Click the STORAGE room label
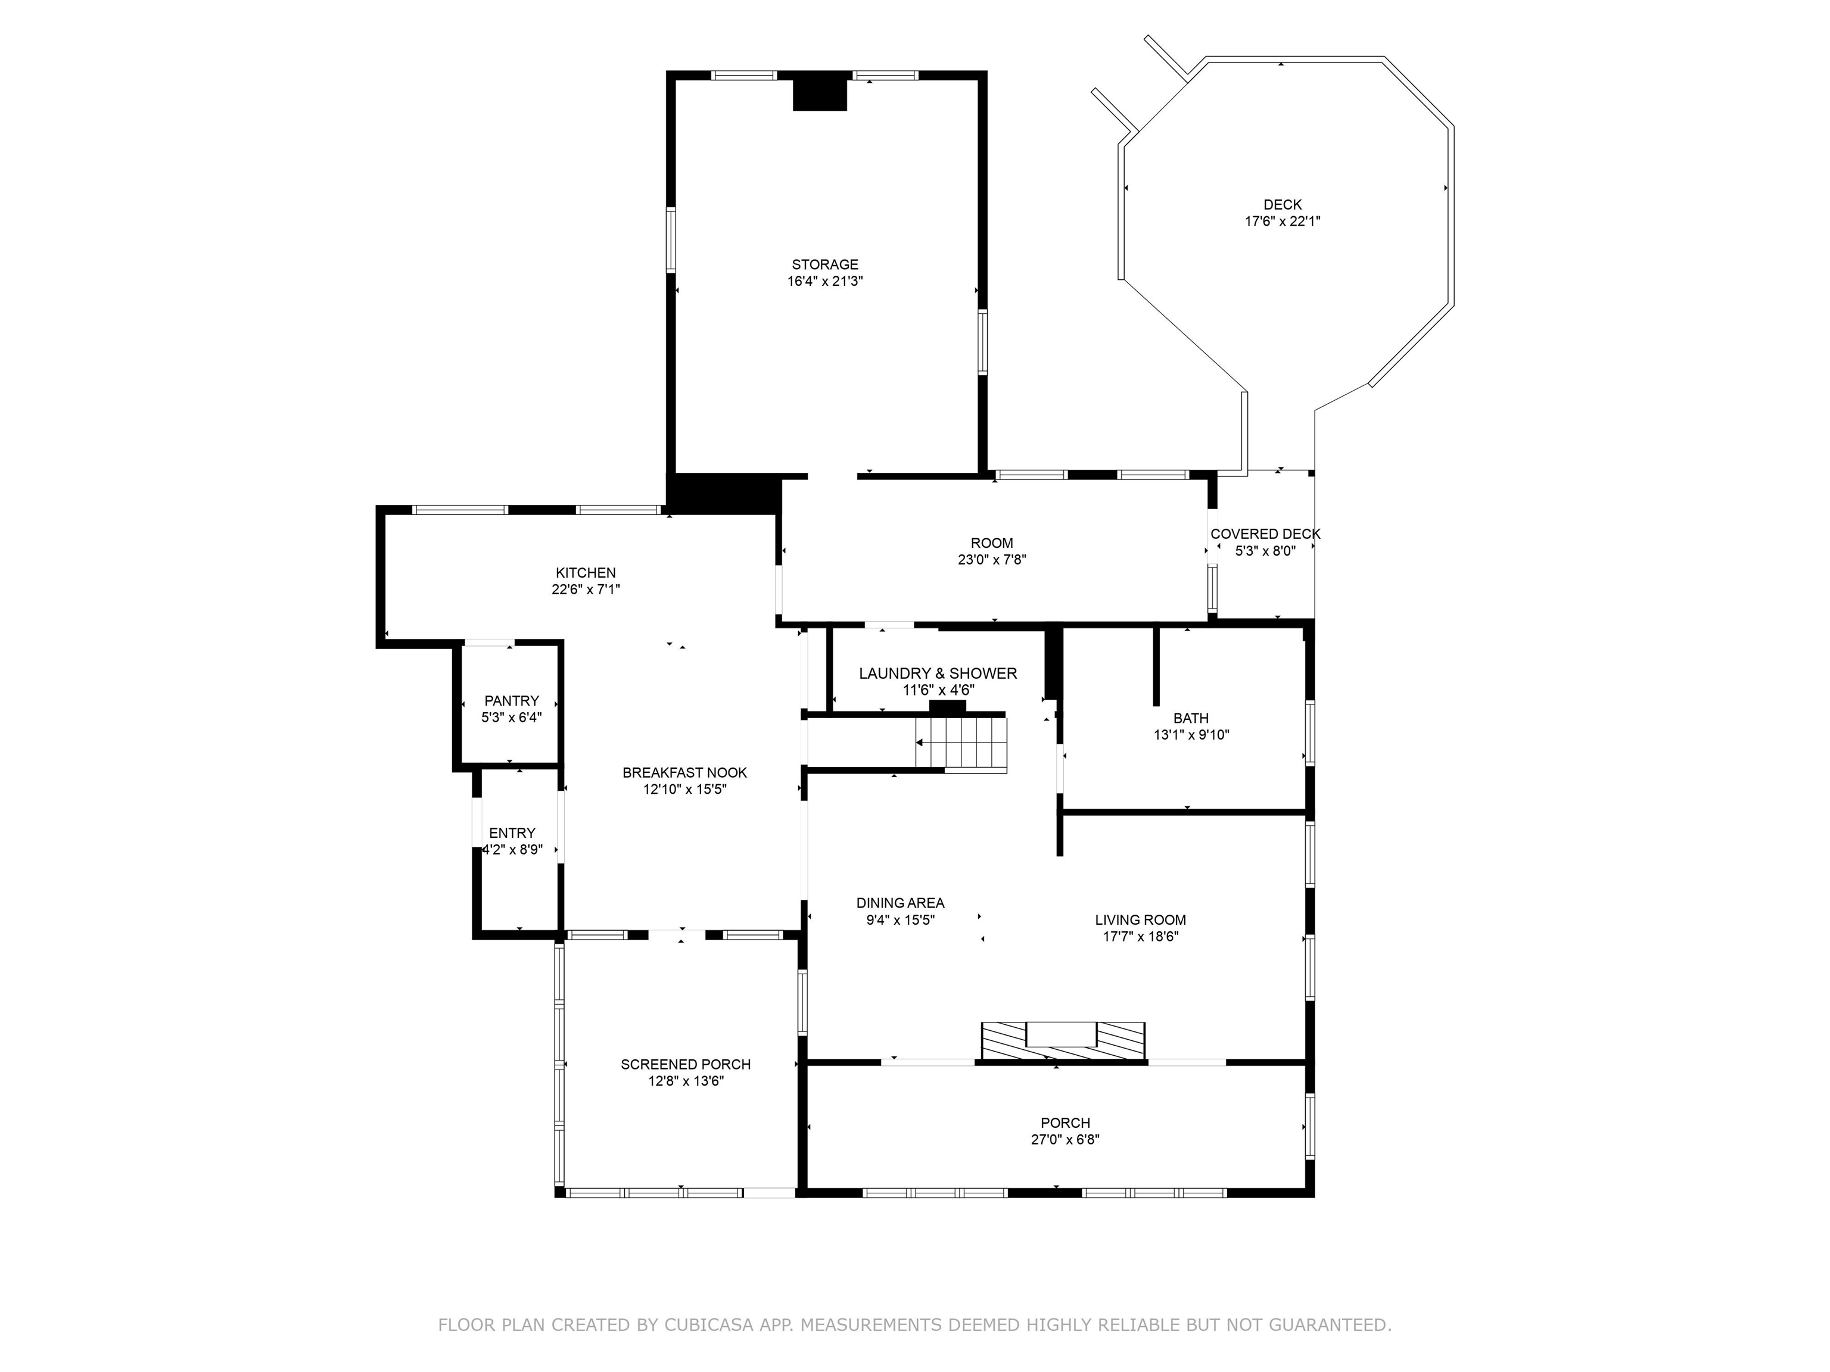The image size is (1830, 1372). pos(825,264)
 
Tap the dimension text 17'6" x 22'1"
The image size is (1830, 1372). pos(1283,222)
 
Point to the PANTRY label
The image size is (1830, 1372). pos(511,700)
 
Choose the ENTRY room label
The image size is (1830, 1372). pos(512,833)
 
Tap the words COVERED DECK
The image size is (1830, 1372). pos(1265,534)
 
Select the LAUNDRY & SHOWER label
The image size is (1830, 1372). pos(937,673)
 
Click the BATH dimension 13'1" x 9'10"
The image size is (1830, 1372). pos(1191,734)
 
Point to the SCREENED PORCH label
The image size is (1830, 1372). pos(686,1064)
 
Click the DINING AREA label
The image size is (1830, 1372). pos(900,903)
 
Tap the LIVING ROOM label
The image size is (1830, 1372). pos(1140,919)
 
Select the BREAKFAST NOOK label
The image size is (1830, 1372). pos(684,772)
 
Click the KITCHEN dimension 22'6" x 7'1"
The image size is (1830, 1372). pos(586,590)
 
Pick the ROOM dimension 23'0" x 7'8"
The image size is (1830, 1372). pos(991,560)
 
